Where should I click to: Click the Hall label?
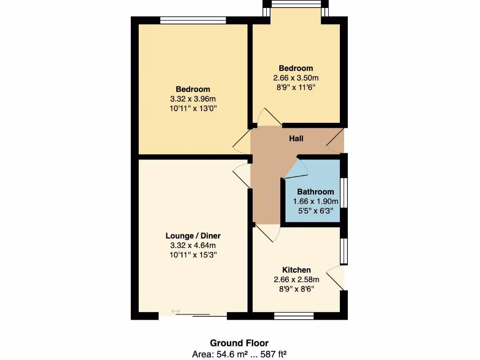[x=296, y=139]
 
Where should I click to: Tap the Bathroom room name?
[x=315, y=192]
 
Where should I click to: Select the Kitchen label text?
[x=296, y=270]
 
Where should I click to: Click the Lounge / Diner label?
[x=193, y=236]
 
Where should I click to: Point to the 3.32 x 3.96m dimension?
[x=193, y=99]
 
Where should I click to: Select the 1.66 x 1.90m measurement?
[x=315, y=202]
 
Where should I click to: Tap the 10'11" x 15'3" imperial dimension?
[x=193, y=255]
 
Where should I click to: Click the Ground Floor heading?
[x=239, y=343]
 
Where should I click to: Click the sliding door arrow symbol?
[x=176, y=311]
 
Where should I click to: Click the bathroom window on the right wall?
[x=344, y=192]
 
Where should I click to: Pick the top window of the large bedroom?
[x=193, y=20]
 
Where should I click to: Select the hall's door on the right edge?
[x=336, y=141]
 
